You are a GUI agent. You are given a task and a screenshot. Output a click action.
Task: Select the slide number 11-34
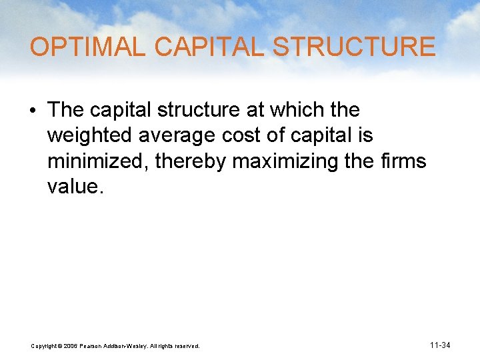441,345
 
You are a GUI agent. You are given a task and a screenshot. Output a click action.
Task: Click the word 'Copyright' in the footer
45,346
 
